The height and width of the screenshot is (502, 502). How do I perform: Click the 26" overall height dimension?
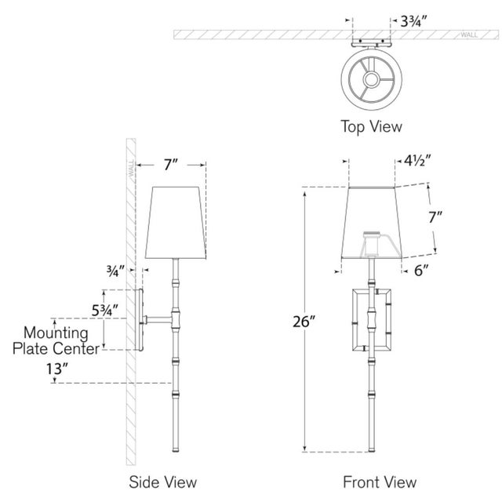(286, 321)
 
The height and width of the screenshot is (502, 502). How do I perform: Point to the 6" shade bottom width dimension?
(422, 271)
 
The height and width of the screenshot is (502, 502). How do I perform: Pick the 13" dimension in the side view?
(78, 366)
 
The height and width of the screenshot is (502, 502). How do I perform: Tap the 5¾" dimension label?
(104, 310)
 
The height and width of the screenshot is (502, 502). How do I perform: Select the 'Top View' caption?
(370, 125)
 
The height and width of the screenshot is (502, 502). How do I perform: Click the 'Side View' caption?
(163, 481)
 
